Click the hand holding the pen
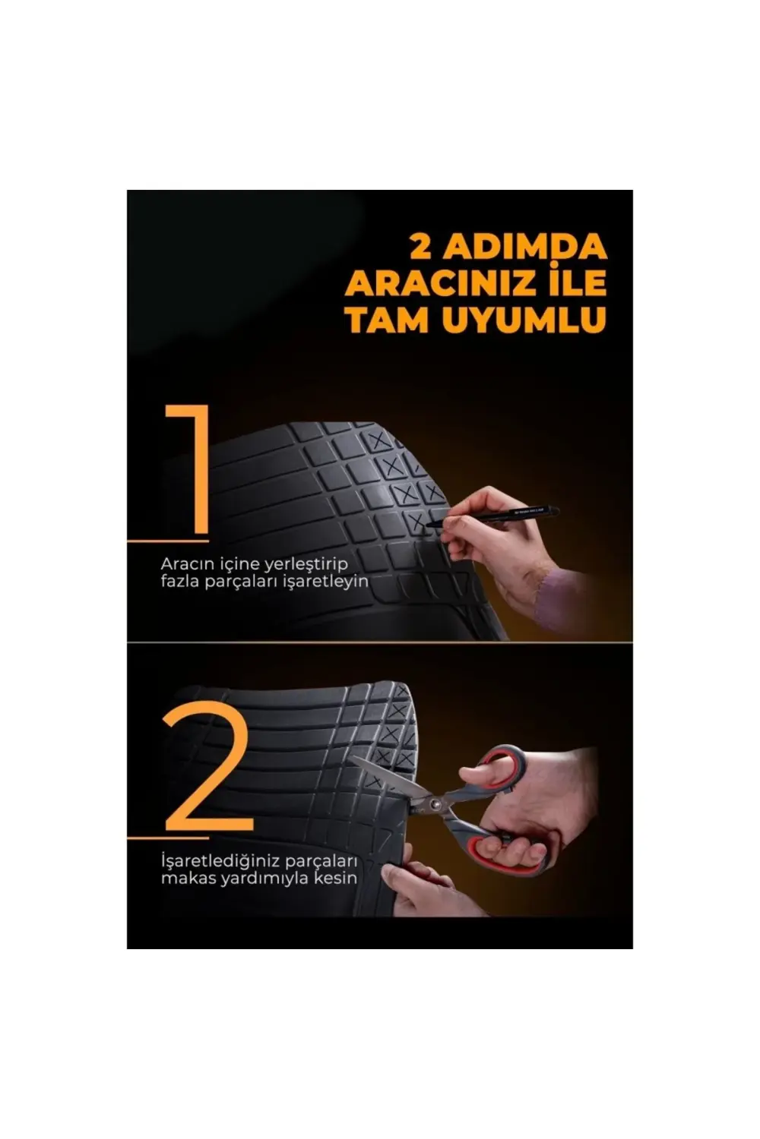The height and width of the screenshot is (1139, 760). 486,532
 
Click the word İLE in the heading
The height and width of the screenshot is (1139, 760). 575,283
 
